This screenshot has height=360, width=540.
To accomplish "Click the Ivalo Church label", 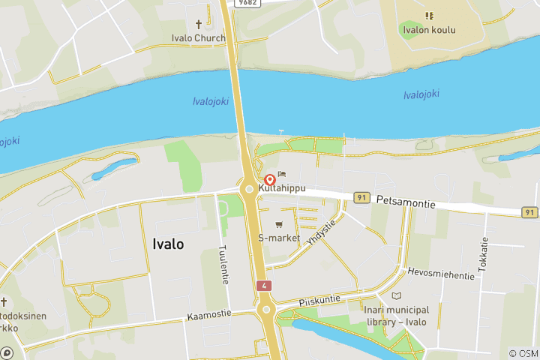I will (199, 37).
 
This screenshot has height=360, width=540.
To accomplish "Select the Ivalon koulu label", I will (428, 31).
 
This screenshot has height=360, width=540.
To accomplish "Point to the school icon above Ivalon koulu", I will (429, 16).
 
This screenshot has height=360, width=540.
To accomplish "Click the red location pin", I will (270, 180).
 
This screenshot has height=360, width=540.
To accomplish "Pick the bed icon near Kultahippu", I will (282, 175).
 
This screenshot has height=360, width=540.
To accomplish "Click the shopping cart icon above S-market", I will (279, 224).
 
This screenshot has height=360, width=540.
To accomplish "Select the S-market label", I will (279, 238).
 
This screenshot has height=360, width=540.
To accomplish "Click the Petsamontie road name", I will (406, 200).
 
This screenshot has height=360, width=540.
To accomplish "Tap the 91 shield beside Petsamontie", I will (362, 197).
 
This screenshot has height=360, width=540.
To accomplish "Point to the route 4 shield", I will (263, 286).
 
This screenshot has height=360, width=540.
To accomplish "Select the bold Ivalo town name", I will (168, 244).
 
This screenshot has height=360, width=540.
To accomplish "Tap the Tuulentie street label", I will (223, 264).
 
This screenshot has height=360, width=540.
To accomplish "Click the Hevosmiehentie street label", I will (441, 274).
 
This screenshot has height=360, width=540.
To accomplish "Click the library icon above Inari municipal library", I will (397, 295).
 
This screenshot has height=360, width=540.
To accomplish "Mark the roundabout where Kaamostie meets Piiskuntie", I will (265, 309).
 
